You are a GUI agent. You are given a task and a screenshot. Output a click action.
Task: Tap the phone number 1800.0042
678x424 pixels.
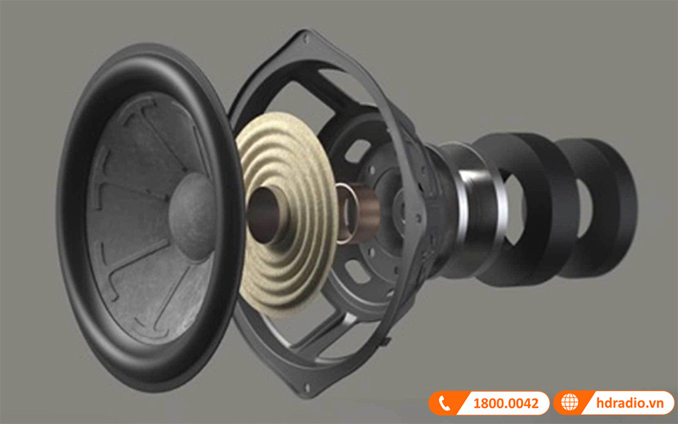[x=503, y=404]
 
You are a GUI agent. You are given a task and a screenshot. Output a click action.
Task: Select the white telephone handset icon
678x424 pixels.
[x=446, y=404]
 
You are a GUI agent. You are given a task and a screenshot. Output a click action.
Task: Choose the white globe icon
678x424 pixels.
[x=569, y=404]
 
